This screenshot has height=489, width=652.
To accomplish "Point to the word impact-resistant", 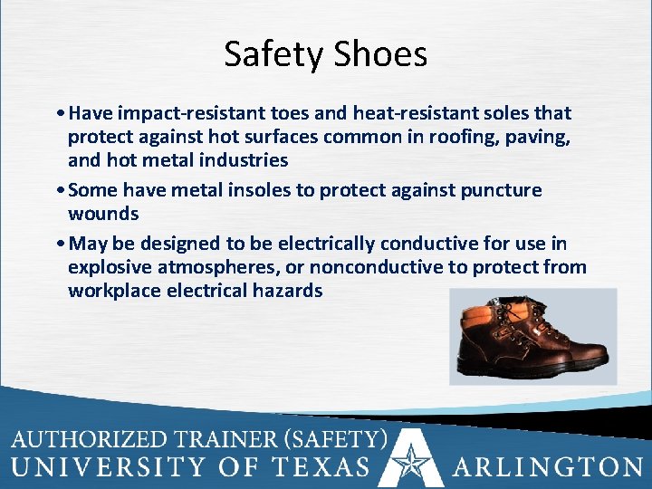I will (185, 113).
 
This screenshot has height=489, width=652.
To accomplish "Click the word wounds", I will (103, 214).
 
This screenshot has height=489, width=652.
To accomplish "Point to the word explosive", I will (111, 267).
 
